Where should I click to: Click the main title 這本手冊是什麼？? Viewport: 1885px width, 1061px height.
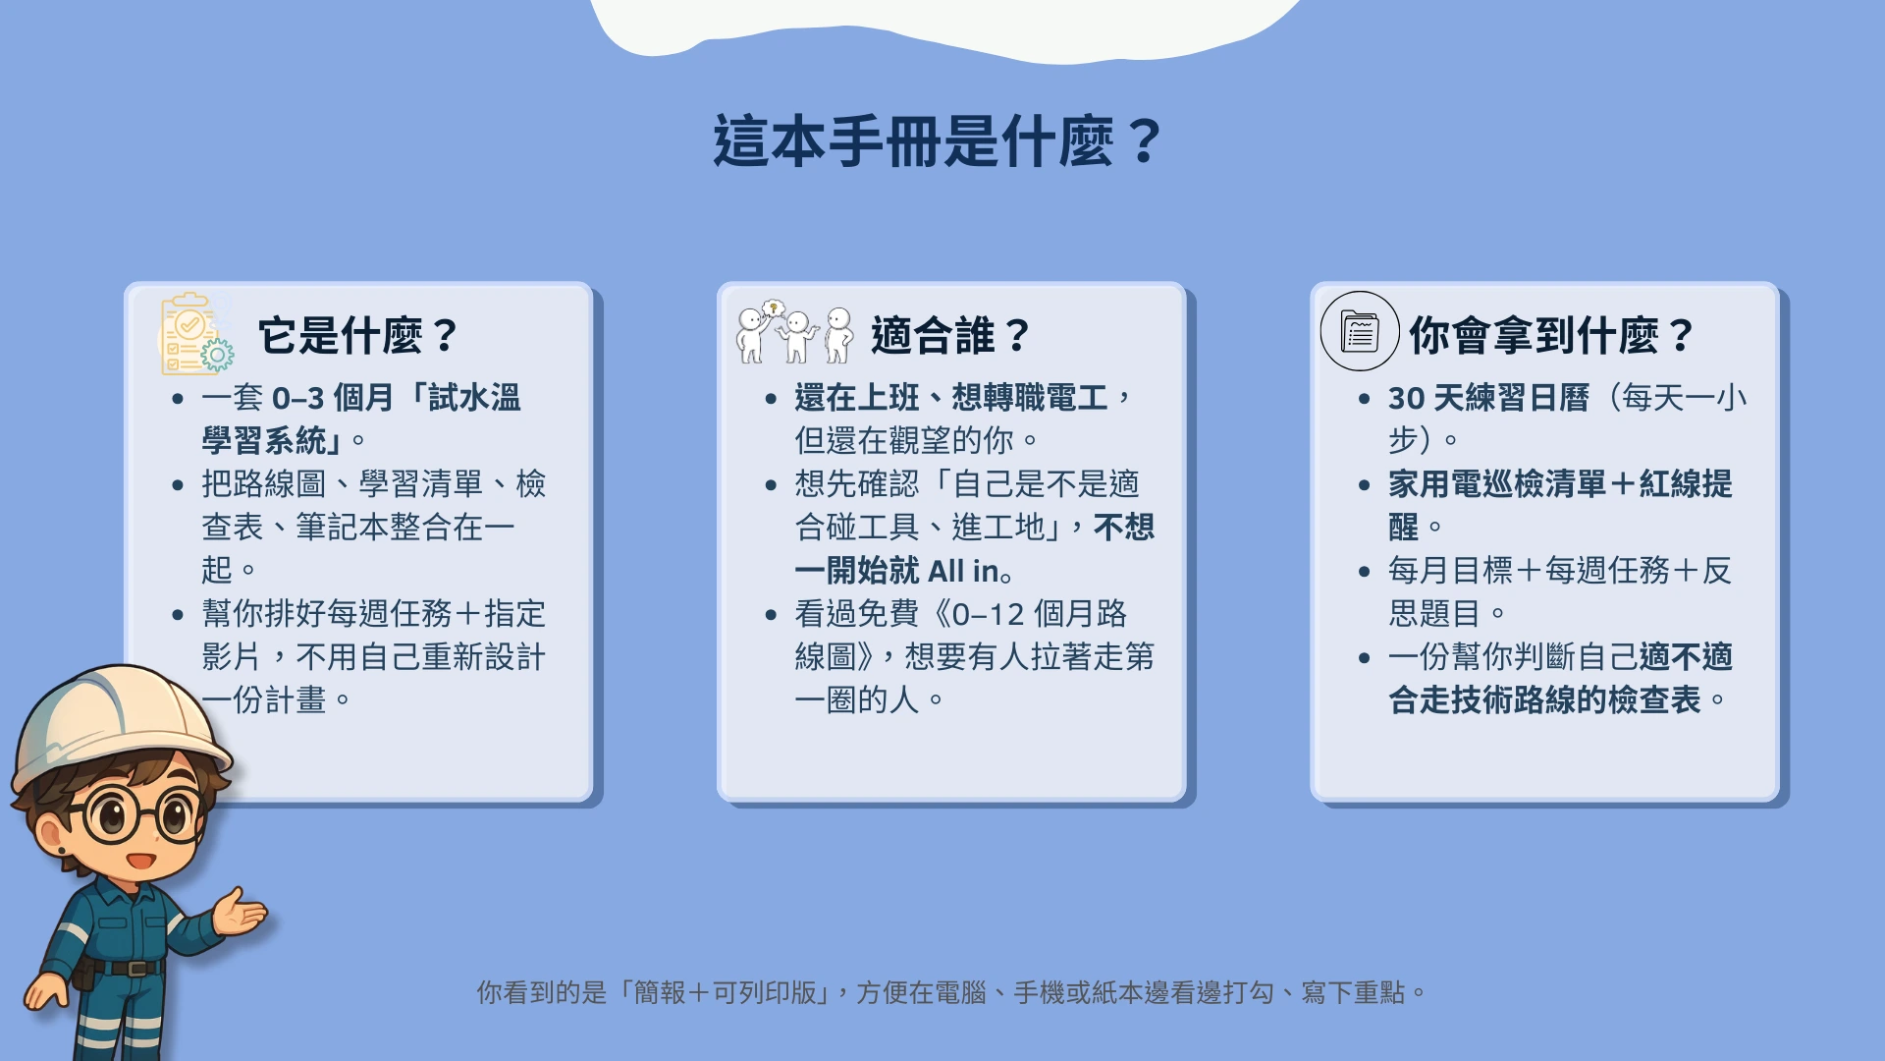pyautogui.click(x=938, y=140)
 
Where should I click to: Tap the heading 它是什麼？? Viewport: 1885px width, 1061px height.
pyautogui.click(x=358, y=335)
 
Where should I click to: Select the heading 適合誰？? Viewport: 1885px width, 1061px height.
pyautogui.click(x=950, y=335)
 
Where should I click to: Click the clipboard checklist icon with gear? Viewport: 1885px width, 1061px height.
pyautogui.click(x=197, y=333)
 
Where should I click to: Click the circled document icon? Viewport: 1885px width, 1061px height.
pyautogui.click(x=1360, y=331)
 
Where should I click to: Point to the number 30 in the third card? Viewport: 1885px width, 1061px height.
pyautogui.click(x=1406, y=398)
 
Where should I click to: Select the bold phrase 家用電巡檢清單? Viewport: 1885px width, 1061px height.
pyautogui.click(x=1497, y=483)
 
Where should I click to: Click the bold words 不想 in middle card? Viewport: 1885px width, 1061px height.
pyautogui.click(x=1124, y=527)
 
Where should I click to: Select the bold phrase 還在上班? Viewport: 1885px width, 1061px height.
pyautogui.click(x=857, y=398)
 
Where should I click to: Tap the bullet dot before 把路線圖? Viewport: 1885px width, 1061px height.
pyautogui.click(x=178, y=484)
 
